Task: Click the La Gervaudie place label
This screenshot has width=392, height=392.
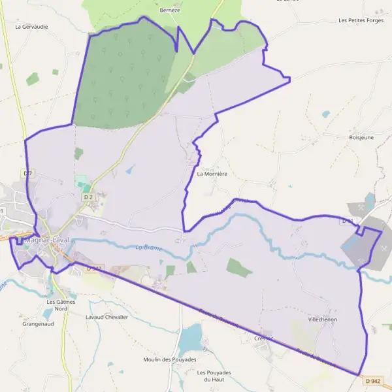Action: point(31,27)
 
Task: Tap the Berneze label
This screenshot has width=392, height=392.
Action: point(169,10)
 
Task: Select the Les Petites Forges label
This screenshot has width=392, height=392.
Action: point(361,20)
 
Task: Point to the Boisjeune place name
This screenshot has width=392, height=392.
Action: point(361,138)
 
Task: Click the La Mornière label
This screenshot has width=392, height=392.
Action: point(211,174)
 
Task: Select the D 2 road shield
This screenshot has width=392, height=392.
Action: point(88,197)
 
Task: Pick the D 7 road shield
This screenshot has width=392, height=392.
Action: point(27,173)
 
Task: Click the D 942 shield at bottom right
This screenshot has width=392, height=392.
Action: point(372,381)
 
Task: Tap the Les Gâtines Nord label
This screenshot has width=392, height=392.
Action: point(61,305)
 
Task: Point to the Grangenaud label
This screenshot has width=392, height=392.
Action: point(37,323)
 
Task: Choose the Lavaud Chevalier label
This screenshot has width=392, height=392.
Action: point(106,317)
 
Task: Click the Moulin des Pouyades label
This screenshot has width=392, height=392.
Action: point(170,359)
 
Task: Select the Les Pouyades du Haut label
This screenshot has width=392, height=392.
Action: point(214,376)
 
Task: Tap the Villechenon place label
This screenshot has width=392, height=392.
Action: point(323,320)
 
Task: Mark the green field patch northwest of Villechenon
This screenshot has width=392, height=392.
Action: point(239,267)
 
